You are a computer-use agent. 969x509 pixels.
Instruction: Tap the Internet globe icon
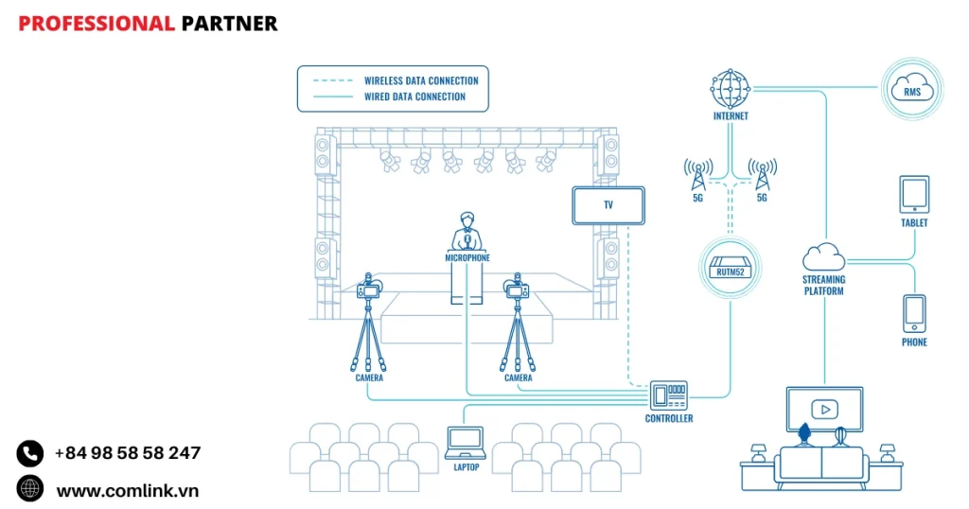pyautogui.click(x=730, y=89)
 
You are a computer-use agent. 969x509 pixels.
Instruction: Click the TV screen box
pyautogui.click(x=608, y=205)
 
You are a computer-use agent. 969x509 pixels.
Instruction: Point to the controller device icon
pyautogui.click(x=668, y=395)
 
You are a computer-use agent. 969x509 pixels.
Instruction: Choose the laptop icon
pyautogui.click(x=465, y=441)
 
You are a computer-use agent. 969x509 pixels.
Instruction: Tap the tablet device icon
pyautogui.click(x=914, y=194)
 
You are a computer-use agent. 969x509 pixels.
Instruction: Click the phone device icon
pyautogui.click(x=914, y=312)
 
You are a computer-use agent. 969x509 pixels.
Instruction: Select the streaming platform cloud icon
pyautogui.click(x=823, y=257)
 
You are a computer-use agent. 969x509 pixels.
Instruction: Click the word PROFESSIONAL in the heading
pyautogui.click(x=97, y=24)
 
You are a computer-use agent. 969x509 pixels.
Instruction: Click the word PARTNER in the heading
pyautogui.click(x=229, y=24)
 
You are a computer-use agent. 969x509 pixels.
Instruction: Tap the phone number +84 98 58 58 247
pyautogui.click(x=128, y=453)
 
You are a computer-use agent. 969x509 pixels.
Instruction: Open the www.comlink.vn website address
pyautogui.click(x=128, y=490)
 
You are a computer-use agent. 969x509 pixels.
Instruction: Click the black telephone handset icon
pyautogui.click(x=30, y=453)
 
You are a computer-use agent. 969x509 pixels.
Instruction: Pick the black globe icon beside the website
pyautogui.click(x=30, y=489)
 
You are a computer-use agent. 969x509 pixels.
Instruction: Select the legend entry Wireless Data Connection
pyautogui.click(x=421, y=80)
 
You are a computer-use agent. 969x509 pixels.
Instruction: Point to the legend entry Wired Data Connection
pyautogui.click(x=414, y=97)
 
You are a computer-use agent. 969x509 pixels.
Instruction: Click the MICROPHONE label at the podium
pyautogui.click(x=467, y=257)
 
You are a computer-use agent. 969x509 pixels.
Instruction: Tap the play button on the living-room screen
pyautogui.click(x=825, y=409)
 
